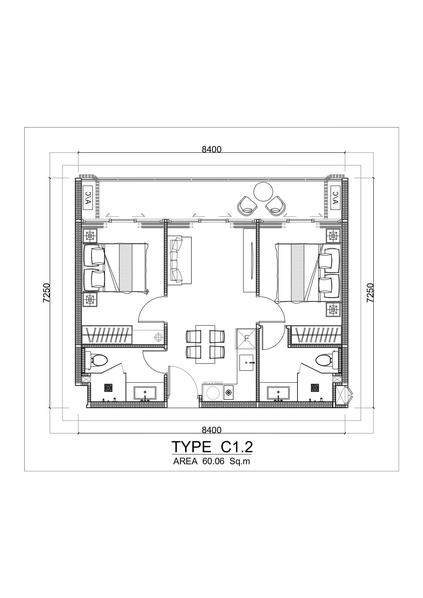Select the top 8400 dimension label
click(x=212, y=150)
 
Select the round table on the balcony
click(x=263, y=192)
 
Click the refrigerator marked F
click(x=246, y=338)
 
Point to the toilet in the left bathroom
click(x=96, y=360)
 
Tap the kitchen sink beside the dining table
click(x=248, y=363)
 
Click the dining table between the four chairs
click(x=205, y=344)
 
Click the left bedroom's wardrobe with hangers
click(x=107, y=335)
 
